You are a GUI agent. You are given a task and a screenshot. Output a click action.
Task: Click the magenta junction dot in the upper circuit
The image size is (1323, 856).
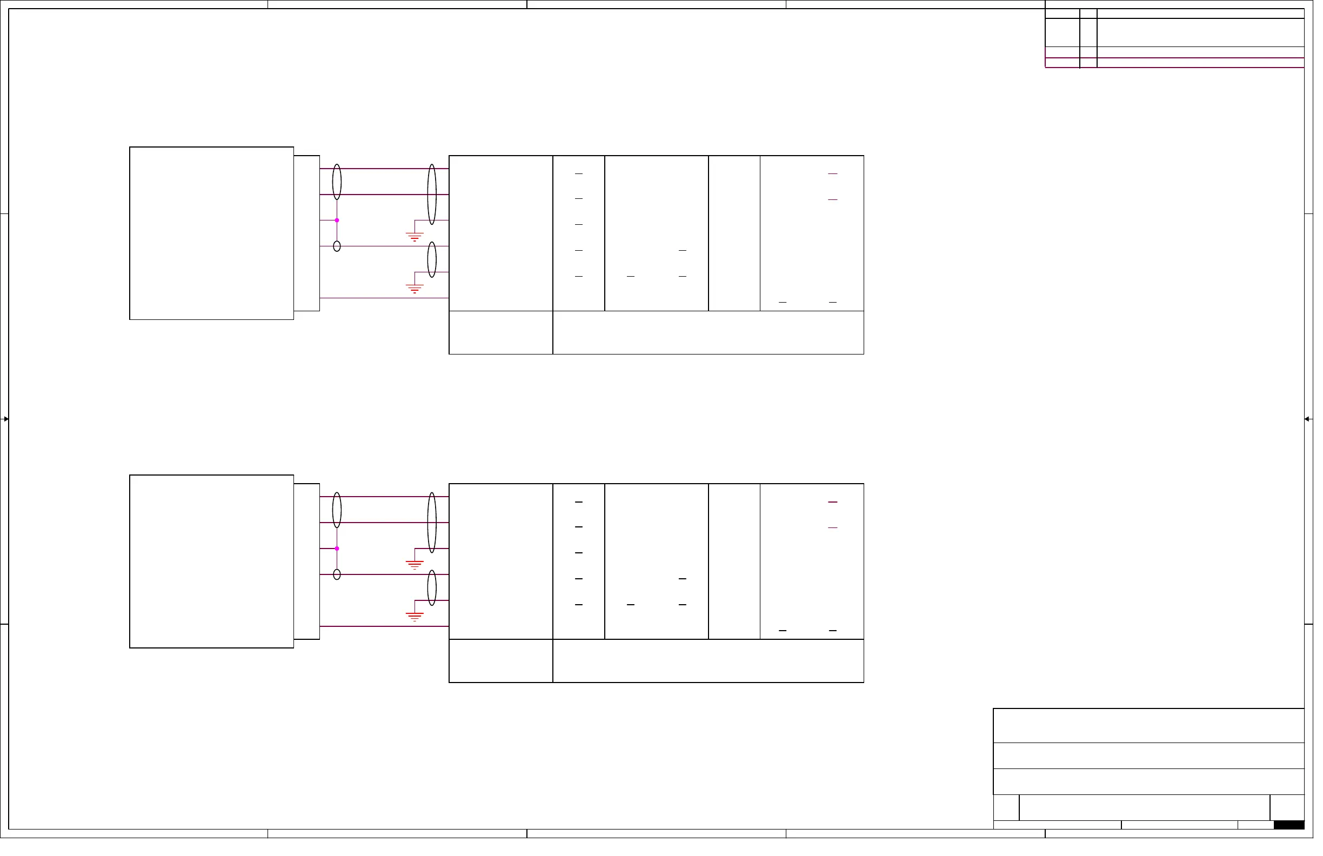pyautogui.click(x=339, y=222)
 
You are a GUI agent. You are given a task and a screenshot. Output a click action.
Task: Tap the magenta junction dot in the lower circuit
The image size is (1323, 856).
pyautogui.click(x=339, y=552)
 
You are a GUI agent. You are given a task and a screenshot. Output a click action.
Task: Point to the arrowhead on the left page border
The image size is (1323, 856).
pyautogui.click(x=6, y=422)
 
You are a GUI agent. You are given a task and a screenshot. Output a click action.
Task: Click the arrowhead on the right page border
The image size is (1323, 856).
pyautogui.click(x=1317, y=422)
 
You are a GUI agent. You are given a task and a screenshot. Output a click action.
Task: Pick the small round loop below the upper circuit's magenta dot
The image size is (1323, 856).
pyautogui.click(x=339, y=248)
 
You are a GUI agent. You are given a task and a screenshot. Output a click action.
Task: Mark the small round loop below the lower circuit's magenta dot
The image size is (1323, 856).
pyautogui.click(x=339, y=578)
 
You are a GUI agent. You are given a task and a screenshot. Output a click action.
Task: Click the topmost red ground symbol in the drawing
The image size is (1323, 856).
pyautogui.click(x=417, y=238)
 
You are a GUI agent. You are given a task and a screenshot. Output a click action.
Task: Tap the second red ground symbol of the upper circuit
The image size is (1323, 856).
pyautogui.click(x=417, y=291)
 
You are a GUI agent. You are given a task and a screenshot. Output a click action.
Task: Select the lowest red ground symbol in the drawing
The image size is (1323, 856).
pyautogui.click(x=417, y=621)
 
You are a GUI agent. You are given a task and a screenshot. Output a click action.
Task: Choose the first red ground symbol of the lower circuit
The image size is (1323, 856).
pyautogui.click(x=417, y=569)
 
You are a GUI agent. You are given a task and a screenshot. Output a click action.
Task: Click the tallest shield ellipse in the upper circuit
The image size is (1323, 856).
pyautogui.click(x=435, y=196)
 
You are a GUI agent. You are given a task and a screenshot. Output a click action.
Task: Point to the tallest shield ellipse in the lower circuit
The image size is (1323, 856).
pyautogui.click(x=435, y=526)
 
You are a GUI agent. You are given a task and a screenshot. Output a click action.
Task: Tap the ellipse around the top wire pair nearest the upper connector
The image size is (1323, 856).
pyautogui.click(x=339, y=183)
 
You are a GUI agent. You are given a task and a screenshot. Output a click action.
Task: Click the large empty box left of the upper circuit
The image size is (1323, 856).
pyautogui.click(x=213, y=235)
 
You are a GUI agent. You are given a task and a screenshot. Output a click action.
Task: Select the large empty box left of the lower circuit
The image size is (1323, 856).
pyautogui.click(x=213, y=565)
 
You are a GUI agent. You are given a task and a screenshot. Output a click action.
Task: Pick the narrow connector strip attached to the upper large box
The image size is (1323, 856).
pyautogui.click(x=309, y=235)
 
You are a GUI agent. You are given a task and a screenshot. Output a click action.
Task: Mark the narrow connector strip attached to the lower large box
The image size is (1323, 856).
pyautogui.click(x=309, y=565)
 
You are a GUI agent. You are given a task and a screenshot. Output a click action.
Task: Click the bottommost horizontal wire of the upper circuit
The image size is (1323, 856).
pyautogui.click(x=386, y=300)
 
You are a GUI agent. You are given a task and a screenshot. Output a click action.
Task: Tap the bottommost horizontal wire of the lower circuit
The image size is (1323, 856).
pyautogui.click(x=386, y=631)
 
